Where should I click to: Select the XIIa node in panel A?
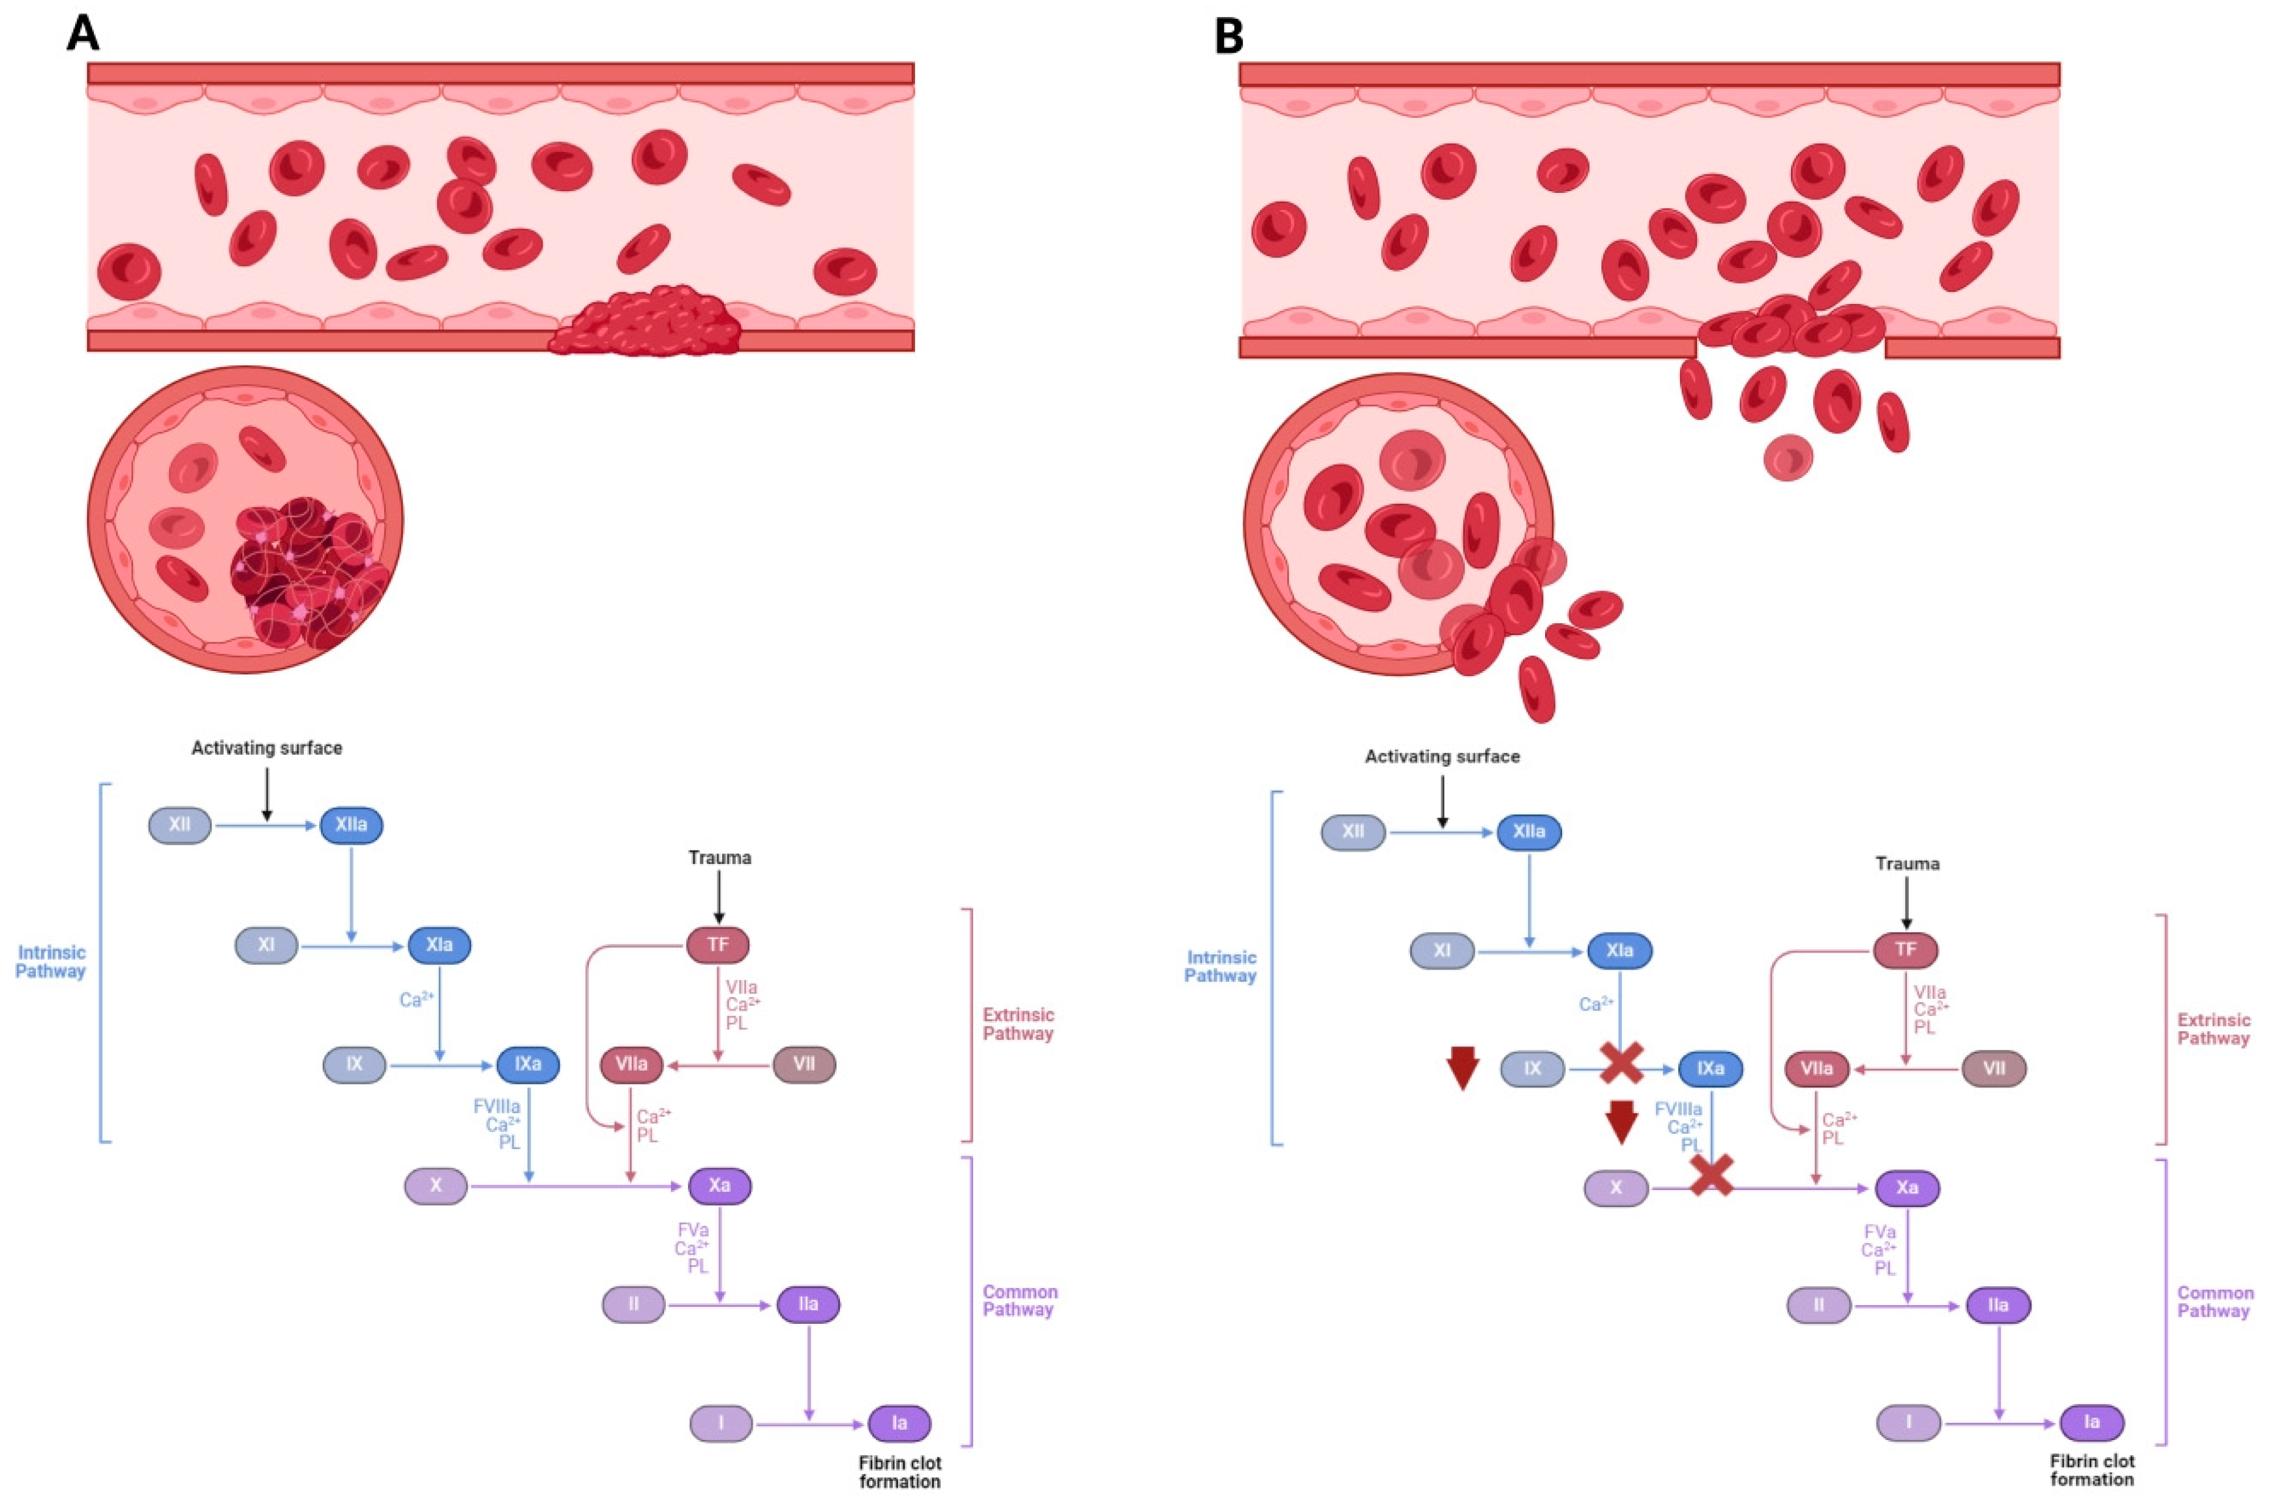point(350,825)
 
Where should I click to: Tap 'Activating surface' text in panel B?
point(1442,757)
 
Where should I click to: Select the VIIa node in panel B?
point(1816,1069)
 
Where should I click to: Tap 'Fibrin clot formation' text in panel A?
point(899,1472)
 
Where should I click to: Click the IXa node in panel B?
point(1710,1069)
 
